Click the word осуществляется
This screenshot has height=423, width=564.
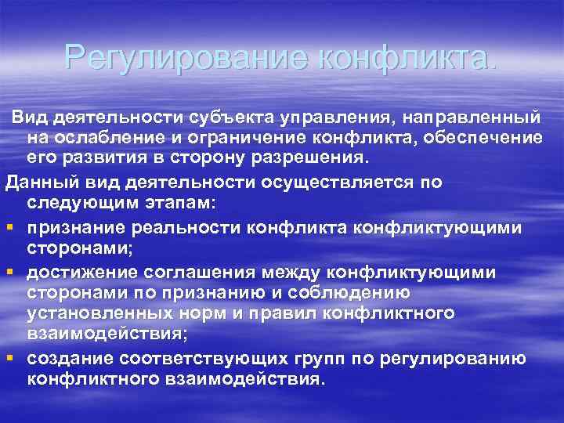coord(331,183)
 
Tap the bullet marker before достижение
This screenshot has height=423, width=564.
coord(9,271)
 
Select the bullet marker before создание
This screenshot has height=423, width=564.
coord(9,358)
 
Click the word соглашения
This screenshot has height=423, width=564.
coord(211,271)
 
